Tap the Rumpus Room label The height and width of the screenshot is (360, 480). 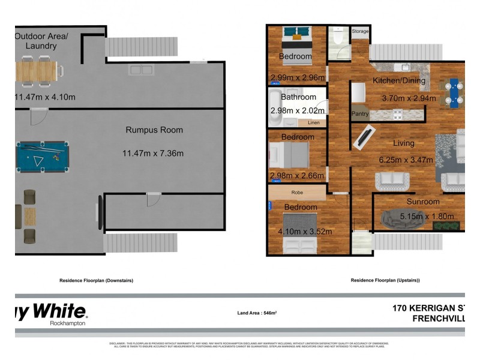pyautogui.click(x=154, y=130)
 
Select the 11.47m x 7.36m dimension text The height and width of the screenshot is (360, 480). pyautogui.click(x=153, y=153)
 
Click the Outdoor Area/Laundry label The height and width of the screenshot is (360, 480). pyautogui.click(x=41, y=41)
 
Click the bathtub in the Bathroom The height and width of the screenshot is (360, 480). pyautogui.click(x=274, y=109)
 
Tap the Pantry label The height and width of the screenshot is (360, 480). pyautogui.click(x=360, y=114)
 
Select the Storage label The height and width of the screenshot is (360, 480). pyautogui.click(x=360, y=31)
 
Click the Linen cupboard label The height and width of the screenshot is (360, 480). pyautogui.click(x=314, y=123)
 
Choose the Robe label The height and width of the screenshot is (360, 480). pyautogui.click(x=297, y=193)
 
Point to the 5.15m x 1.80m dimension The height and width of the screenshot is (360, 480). pyautogui.click(x=427, y=217)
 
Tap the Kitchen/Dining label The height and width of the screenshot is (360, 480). pyautogui.click(x=399, y=80)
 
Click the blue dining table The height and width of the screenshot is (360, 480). pyautogui.click(x=454, y=92)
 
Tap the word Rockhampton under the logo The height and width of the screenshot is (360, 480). pyautogui.click(x=67, y=323)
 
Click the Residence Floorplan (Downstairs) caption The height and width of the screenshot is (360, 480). pyautogui.click(x=96, y=280)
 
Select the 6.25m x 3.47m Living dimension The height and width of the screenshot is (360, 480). pyautogui.click(x=405, y=160)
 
